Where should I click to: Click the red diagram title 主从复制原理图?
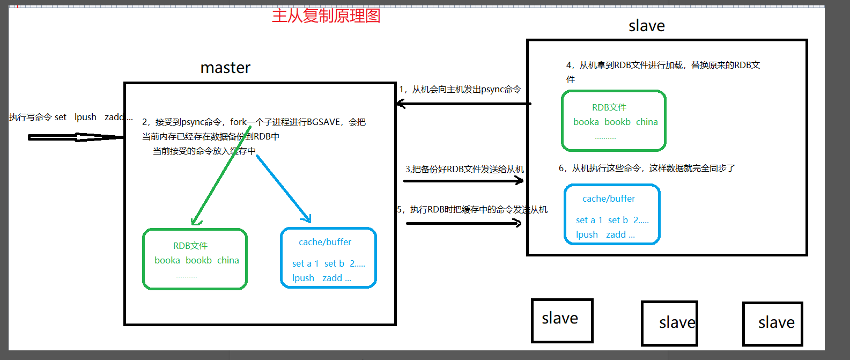click(x=326, y=16)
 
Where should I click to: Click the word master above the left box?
click(x=225, y=68)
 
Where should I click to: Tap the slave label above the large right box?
click(x=647, y=26)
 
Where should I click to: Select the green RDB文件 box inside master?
click(x=195, y=259)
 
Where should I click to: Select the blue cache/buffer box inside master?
click(x=328, y=258)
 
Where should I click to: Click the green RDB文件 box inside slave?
click(x=614, y=121)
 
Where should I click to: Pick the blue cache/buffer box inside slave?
click(x=612, y=214)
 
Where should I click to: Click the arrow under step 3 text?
click(x=463, y=181)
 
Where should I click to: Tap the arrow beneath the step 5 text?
click(x=463, y=223)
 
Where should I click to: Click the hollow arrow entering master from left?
click(x=75, y=137)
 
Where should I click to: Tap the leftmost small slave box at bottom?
click(x=562, y=320)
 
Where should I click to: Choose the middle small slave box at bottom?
click(x=669, y=323)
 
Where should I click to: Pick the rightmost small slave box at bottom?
click(x=772, y=324)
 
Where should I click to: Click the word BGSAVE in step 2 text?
click(x=323, y=122)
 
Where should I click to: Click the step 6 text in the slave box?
click(x=647, y=168)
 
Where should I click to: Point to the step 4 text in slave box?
click(x=663, y=65)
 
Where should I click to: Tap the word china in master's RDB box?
click(x=228, y=260)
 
